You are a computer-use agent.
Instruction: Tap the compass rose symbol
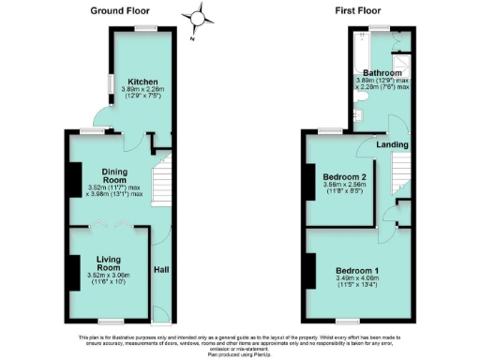pos(198,18)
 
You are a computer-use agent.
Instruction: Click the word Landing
pos(392,144)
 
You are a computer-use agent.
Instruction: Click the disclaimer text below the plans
pos(240,342)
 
